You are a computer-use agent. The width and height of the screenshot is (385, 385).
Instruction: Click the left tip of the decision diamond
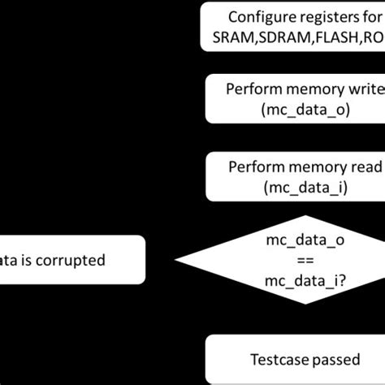coord(176,261)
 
